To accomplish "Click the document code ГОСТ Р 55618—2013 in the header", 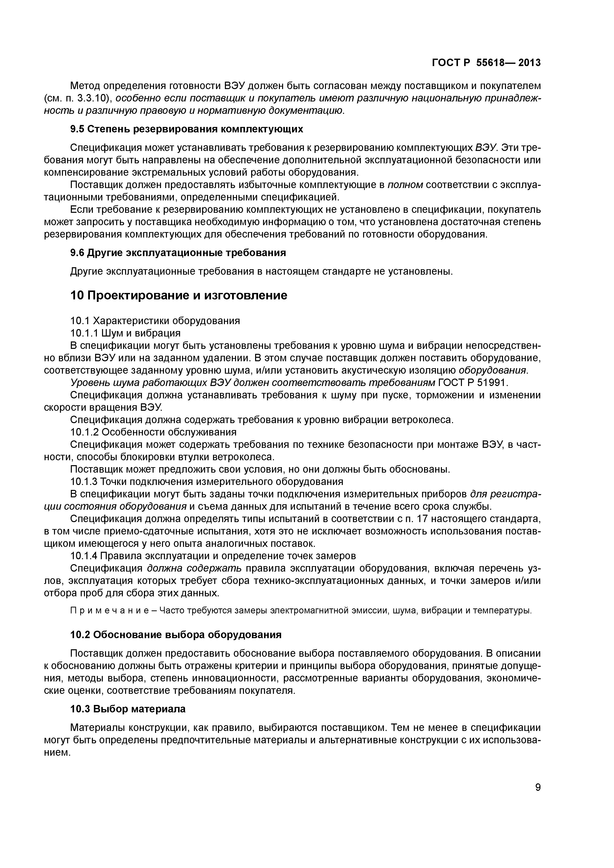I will click(486, 63).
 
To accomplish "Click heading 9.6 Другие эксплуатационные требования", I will click(178, 253).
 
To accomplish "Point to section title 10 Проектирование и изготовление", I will click(179, 295).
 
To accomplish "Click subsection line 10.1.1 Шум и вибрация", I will click(125, 333).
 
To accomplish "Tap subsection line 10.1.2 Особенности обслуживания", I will click(153, 432).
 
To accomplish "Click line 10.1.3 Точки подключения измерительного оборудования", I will click(207, 481).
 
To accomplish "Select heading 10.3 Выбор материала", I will click(128, 709).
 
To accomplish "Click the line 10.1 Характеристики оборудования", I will click(155, 321).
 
